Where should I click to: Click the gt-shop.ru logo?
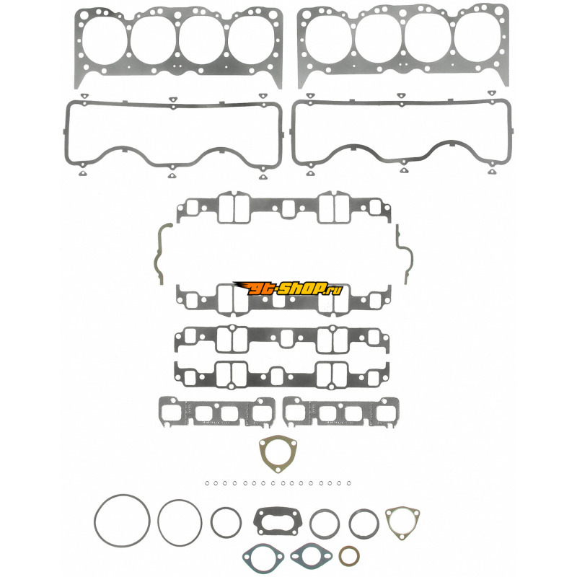(x=288, y=288)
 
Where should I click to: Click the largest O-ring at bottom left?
(x=95, y=521)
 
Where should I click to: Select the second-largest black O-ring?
(x=159, y=522)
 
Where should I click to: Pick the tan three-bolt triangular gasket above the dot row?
(x=262, y=454)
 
